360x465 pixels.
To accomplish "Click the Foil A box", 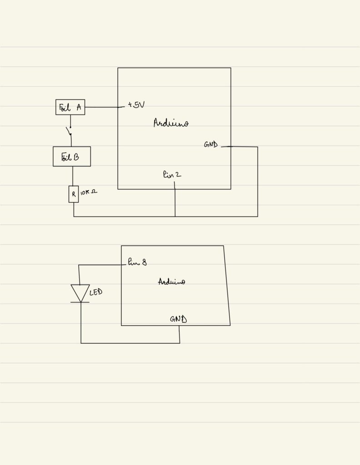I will pos(70,107).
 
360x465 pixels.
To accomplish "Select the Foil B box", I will pos(72,157).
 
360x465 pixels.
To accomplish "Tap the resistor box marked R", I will pos(73,194).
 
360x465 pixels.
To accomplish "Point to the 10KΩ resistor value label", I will pos(88,193).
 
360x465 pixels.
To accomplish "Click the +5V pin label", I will pos(136,105).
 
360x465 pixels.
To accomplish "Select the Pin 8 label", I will pos(137,262).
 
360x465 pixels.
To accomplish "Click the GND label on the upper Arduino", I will pos(211,145).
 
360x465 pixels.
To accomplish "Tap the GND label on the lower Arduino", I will pos(178,319).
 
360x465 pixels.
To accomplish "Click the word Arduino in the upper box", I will pos(171,123).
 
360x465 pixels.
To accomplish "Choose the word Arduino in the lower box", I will pos(171,282).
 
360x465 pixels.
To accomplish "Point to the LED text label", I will pos(96,292).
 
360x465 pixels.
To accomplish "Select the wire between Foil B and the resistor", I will pos(73,176).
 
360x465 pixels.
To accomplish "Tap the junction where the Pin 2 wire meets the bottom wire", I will pos(175,216).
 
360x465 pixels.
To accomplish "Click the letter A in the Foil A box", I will pos(79,107).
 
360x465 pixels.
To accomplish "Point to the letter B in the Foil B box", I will pos(76,157).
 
